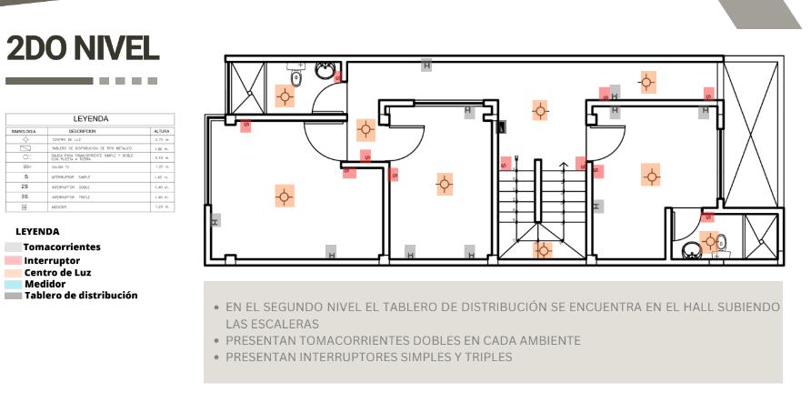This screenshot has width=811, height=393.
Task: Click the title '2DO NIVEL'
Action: click(83, 47)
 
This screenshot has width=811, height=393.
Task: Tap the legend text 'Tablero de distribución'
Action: click(81, 295)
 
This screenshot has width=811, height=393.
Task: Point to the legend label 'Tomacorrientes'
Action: click(62, 247)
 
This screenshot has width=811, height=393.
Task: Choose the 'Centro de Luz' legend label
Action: click(57, 272)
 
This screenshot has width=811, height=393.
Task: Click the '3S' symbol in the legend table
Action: click(25, 196)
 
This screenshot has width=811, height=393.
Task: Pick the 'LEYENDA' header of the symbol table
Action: click(91, 118)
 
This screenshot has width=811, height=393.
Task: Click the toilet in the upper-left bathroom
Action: click(295, 69)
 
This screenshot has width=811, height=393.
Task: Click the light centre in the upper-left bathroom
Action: click(285, 96)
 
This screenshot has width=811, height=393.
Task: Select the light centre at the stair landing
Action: click(543, 249)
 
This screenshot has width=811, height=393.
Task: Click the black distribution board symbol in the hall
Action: click(502, 126)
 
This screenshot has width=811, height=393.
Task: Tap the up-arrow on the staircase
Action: click(564, 167)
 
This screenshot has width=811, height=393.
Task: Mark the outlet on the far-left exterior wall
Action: click(215, 221)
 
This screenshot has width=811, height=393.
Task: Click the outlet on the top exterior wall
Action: click(426, 65)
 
